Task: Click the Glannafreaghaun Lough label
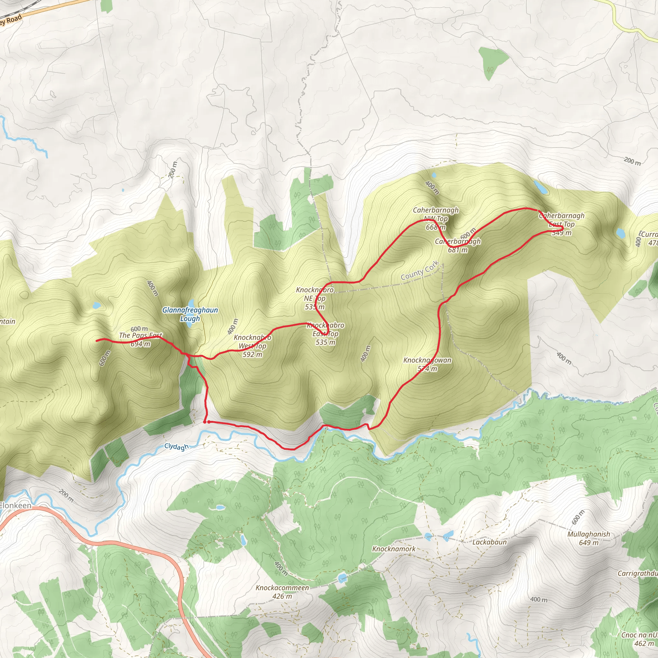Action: [190, 314]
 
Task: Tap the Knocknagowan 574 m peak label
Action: [427, 364]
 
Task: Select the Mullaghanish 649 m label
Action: [589, 538]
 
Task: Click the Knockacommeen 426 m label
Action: [282, 591]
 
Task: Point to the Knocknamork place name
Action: [394, 549]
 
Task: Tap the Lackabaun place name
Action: [489, 542]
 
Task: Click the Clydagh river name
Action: [176, 447]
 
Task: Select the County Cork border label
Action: [420, 271]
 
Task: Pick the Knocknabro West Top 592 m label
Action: [252, 346]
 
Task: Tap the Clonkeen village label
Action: [15, 505]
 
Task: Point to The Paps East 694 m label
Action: [140, 339]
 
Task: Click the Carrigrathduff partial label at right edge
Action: [637, 574]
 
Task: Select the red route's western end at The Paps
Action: [97, 340]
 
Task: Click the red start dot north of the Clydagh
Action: [205, 422]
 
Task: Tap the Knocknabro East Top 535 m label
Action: [325, 333]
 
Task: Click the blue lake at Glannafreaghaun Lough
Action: [191, 303]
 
